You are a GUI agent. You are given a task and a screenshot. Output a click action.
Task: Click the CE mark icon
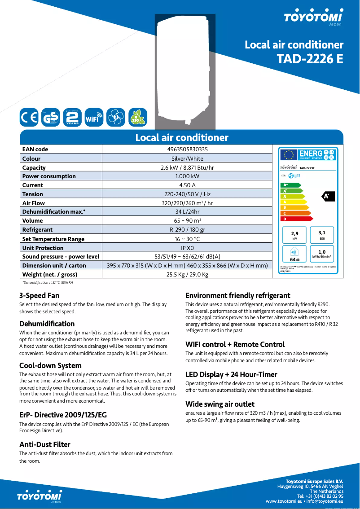pyautogui.click(x=29, y=117)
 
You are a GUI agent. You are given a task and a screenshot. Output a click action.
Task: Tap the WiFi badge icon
pyautogui.click(x=94, y=118)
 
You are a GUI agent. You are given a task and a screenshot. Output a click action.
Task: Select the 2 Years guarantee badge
pyautogui.click(x=72, y=117)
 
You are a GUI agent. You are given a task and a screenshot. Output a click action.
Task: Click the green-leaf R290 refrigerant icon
pyautogui.click(x=137, y=118)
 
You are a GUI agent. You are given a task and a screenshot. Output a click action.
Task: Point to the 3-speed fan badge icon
pyautogui.click(x=116, y=118)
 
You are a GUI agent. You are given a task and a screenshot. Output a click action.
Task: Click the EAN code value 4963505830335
pyautogui.click(x=187, y=149)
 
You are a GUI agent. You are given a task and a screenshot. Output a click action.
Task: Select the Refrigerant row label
pyautogui.click(x=37, y=230)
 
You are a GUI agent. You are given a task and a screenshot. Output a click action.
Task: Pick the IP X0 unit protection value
pyautogui.click(x=187, y=248)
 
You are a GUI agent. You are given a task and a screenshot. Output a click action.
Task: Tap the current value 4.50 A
pyautogui.click(x=187, y=185)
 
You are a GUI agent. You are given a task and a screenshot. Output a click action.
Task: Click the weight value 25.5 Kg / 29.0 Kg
pyautogui.click(x=187, y=274)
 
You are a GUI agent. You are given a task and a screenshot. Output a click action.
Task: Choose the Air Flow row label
pyautogui.click(x=33, y=203)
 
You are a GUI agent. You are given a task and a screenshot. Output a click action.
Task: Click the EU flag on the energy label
pyautogui.click(x=289, y=154)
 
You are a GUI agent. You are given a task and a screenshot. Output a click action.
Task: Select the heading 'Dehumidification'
pyautogui.click(x=47, y=324)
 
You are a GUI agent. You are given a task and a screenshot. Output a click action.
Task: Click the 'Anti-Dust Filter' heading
pyautogui.click(x=45, y=444)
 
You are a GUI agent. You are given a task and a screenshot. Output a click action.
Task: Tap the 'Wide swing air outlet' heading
pyautogui.click(x=220, y=404)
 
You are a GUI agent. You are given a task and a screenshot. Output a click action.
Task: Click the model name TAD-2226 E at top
pyautogui.click(x=310, y=59)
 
